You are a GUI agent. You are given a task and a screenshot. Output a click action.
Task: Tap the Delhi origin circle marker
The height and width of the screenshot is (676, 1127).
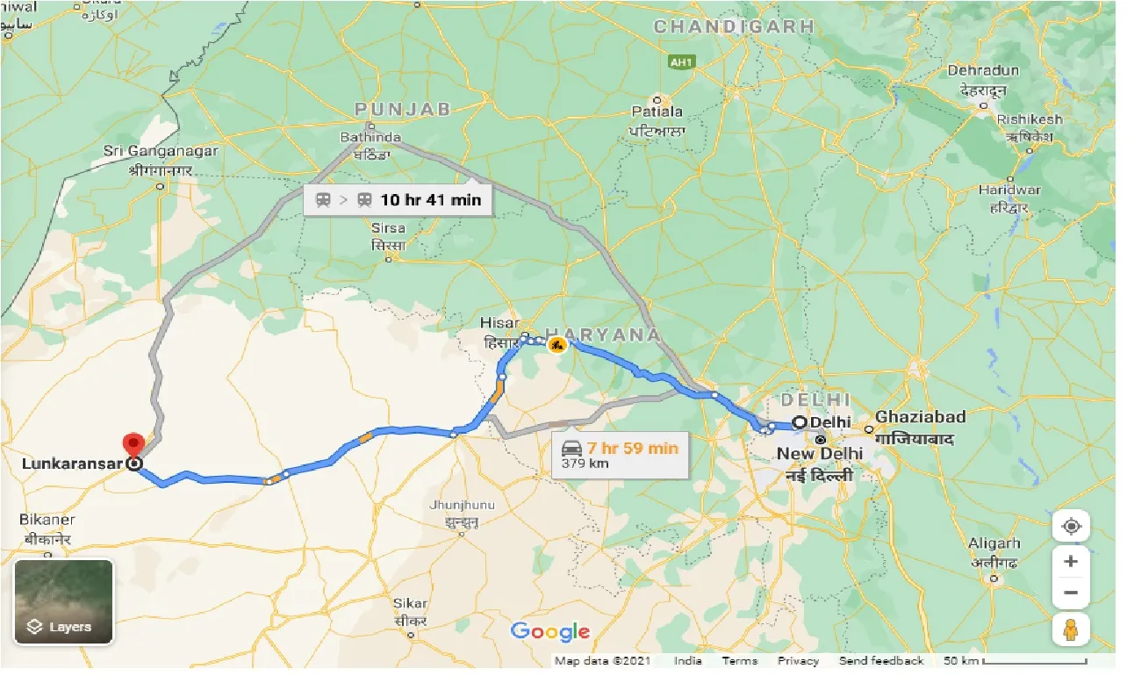tap(800, 422)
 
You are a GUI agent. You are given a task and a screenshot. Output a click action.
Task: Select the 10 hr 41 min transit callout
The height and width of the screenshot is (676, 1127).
tap(397, 200)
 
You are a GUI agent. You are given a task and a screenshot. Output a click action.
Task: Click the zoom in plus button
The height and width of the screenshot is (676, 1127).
tap(1071, 561)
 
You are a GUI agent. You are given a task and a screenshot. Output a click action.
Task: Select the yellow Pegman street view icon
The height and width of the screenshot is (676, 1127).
tap(1071, 629)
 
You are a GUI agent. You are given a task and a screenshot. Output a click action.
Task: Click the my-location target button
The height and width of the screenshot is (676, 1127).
tap(1071, 527)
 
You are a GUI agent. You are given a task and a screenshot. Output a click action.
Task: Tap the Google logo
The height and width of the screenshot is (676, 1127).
tap(550, 631)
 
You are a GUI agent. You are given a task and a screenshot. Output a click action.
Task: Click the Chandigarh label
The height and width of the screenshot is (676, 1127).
tap(734, 27)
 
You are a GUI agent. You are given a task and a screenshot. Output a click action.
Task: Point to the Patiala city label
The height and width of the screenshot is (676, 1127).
tap(657, 111)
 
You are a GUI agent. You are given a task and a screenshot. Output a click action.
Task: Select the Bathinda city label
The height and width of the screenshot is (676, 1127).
tap(372, 138)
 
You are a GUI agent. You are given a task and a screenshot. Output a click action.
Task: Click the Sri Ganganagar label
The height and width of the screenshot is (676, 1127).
tap(161, 151)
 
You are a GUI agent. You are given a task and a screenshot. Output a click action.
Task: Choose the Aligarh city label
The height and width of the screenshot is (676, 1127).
tap(995, 543)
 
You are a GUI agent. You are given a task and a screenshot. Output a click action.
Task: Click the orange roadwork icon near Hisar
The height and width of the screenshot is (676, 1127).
tap(556, 345)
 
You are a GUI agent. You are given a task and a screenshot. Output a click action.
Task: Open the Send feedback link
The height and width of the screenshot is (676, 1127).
tap(881, 661)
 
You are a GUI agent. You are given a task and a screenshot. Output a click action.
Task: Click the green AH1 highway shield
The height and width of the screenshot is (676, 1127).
tap(680, 62)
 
